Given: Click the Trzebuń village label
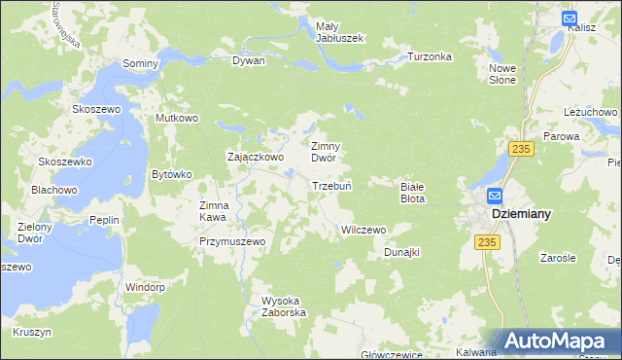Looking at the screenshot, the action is point(330,186).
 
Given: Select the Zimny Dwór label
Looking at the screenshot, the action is point(328,151).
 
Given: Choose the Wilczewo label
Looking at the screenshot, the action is point(363,230).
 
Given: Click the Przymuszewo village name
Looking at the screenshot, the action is point(232,241).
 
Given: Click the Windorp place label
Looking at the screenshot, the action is point(146,287).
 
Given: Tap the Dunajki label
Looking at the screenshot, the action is point(400,252).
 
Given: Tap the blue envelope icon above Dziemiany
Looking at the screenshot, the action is point(494,194).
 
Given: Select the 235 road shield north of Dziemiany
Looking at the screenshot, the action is point(522,148).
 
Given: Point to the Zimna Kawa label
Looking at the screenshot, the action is point(214,211).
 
